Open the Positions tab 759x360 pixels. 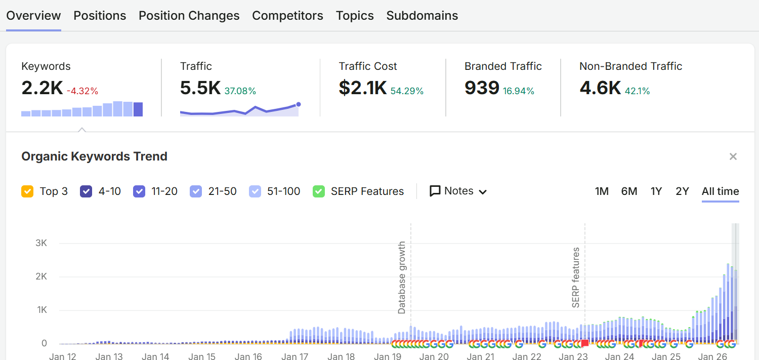100,16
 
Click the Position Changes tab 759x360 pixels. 189,16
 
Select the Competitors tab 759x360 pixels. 288,16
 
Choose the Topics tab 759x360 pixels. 355,16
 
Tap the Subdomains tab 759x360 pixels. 422,16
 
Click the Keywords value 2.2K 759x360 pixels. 42,88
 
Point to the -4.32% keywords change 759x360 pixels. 82,91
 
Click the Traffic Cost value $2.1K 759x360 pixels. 363,88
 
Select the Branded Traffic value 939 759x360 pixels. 482,88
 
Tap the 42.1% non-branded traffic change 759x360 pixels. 638,91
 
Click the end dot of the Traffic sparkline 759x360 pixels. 298,104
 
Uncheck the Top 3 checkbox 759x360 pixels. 27,191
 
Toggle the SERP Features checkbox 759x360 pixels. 319,191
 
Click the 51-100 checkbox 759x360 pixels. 255,191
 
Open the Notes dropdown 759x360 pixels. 458,191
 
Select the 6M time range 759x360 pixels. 629,191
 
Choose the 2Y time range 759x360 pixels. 683,191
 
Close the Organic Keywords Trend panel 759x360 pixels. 733,156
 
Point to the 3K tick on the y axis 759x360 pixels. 41,243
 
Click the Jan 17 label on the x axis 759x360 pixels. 295,356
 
